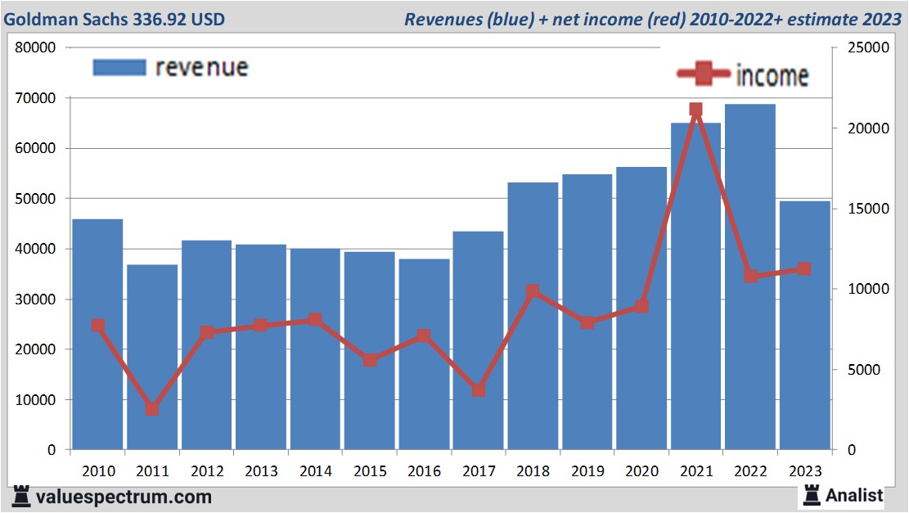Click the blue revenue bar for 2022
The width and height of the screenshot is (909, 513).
pos(749,278)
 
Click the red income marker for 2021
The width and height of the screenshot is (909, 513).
pos(695,110)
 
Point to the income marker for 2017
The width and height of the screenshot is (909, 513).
pos(479,390)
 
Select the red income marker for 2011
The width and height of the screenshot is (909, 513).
pos(152,409)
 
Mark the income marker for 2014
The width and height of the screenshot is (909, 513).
pos(315,320)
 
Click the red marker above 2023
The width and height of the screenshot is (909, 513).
pos(804,269)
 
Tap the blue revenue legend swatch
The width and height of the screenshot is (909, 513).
pos(119,67)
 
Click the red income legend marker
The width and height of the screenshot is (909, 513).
pos(704,74)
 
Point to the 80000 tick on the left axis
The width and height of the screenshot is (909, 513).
pos(36,48)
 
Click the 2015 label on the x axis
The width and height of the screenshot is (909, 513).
pos(370,471)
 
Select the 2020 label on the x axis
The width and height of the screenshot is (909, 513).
pos(641,471)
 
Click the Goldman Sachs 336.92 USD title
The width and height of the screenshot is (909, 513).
pos(115,19)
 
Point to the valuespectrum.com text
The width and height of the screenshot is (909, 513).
pos(123,497)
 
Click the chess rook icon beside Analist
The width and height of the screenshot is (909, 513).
pos(812,494)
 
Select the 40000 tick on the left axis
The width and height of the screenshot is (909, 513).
pos(36,249)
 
